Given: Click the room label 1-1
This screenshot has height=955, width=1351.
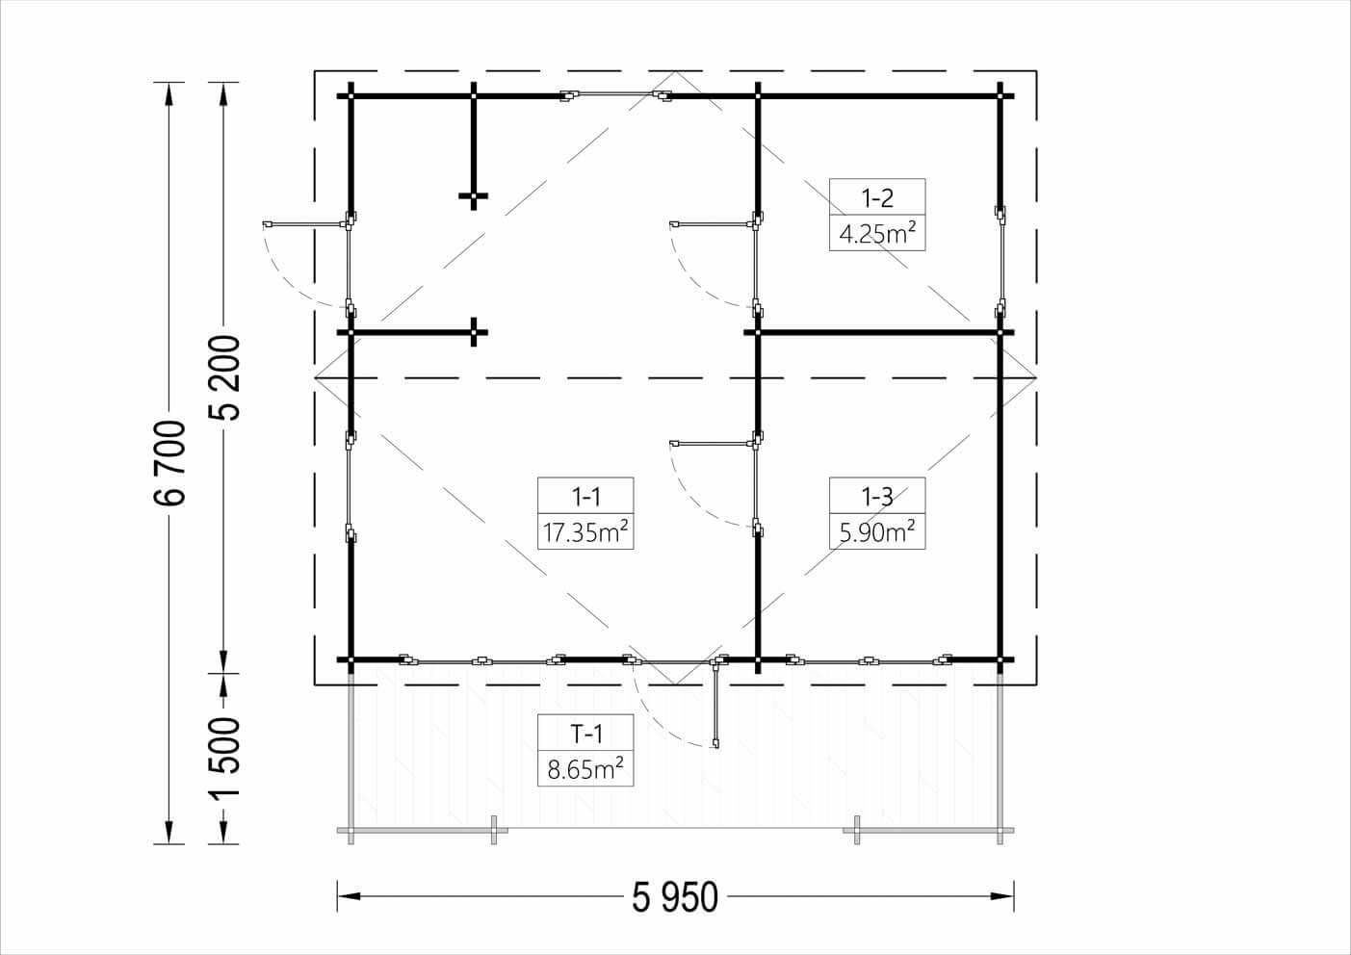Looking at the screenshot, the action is click(585, 497).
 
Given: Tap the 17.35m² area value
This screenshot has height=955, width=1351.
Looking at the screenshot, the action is click(585, 531).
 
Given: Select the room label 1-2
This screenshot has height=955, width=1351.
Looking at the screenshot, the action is click(877, 197).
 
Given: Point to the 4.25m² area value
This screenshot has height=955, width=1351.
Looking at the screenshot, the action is click(877, 233).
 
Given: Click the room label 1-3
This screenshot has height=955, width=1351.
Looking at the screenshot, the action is click(877, 497).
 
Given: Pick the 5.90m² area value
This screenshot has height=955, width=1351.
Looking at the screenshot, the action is click(877, 531).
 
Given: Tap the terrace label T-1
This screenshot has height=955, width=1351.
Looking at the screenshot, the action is click(586, 735).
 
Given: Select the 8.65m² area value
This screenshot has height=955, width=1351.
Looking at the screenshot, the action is click(585, 769).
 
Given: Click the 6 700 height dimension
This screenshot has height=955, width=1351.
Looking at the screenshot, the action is click(169, 463).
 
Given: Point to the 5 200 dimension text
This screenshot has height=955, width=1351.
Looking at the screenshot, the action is click(224, 377).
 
